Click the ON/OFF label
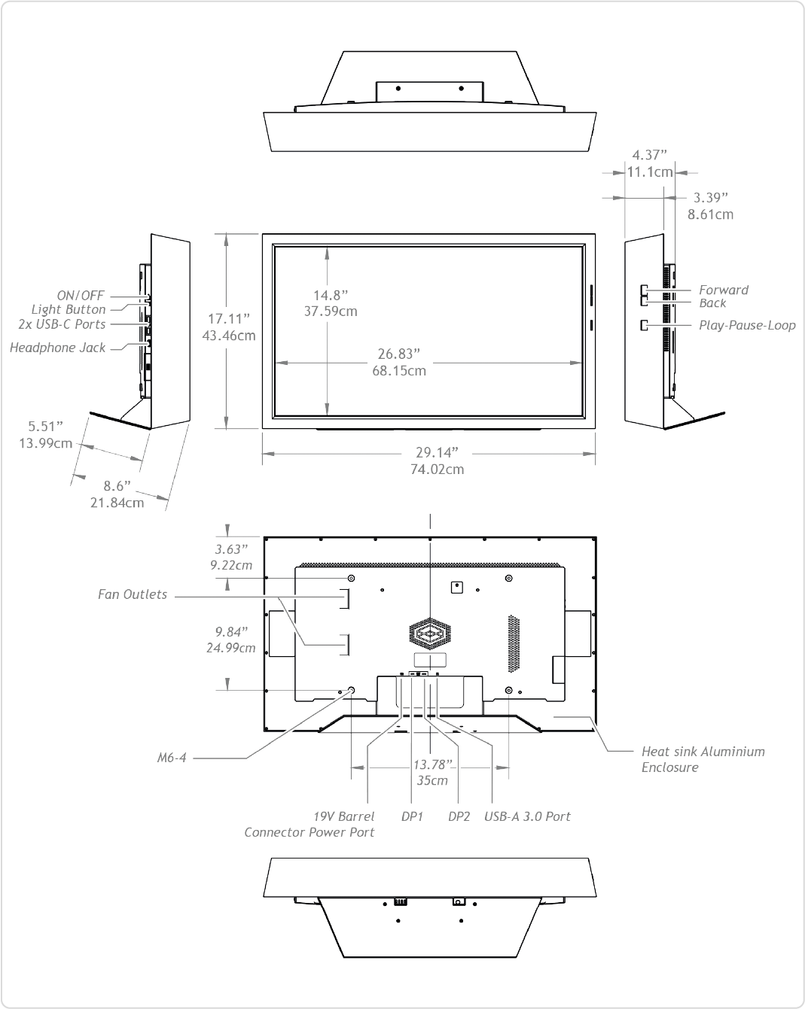click(x=81, y=296)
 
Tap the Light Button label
click(x=69, y=309)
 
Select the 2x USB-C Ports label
click(x=62, y=324)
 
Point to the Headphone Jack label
click(x=58, y=348)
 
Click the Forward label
click(x=723, y=290)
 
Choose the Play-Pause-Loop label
click(x=746, y=326)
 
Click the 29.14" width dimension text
click(x=437, y=453)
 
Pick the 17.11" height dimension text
click(x=230, y=318)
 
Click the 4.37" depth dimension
click(x=649, y=156)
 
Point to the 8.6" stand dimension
click(x=117, y=486)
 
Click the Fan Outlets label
click(x=133, y=594)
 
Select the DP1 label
click(x=412, y=816)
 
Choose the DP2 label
click(x=459, y=816)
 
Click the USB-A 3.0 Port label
click(x=527, y=816)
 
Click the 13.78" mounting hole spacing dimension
click(x=433, y=765)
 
